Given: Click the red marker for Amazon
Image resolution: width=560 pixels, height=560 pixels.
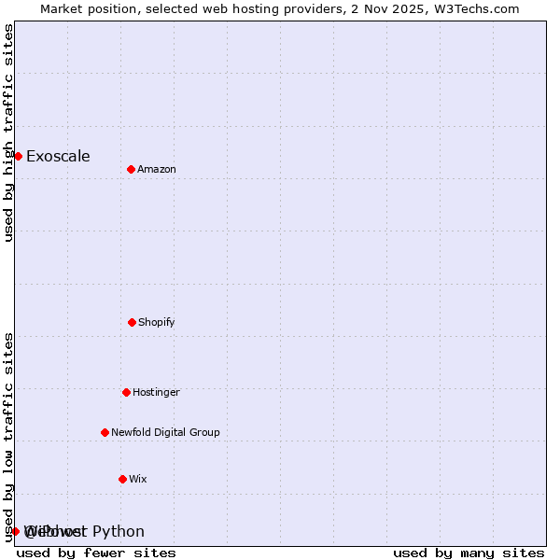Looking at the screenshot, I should click(131, 169).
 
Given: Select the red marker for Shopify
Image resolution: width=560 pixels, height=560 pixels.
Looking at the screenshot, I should click(132, 322).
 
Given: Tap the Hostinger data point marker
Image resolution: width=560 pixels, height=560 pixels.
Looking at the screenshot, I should click(126, 392).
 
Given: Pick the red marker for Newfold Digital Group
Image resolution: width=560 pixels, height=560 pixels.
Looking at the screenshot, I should click(105, 432).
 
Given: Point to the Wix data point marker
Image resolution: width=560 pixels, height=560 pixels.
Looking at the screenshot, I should click(122, 479).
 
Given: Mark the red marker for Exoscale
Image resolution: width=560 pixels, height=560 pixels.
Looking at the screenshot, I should click(18, 156).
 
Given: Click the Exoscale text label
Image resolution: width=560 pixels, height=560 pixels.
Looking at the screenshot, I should click(58, 156).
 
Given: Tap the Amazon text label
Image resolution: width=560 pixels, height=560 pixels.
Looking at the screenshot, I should click(157, 169).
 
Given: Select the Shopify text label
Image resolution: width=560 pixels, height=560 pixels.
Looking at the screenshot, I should click(157, 322).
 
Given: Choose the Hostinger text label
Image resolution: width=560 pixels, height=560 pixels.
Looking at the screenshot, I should click(156, 392).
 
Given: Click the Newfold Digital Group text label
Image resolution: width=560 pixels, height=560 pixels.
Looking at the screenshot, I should click(165, 432).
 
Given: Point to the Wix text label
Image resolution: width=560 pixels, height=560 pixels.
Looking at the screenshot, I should click(138, 479).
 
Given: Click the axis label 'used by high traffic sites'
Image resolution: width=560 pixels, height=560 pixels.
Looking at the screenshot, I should click(8, 133).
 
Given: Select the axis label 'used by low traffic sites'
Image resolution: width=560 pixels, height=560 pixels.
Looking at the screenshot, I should click(8, 437).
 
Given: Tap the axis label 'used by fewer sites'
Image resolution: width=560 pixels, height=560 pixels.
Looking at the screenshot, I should click(96, 553).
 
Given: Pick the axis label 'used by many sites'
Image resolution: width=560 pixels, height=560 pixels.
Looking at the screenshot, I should click(469, 553).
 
